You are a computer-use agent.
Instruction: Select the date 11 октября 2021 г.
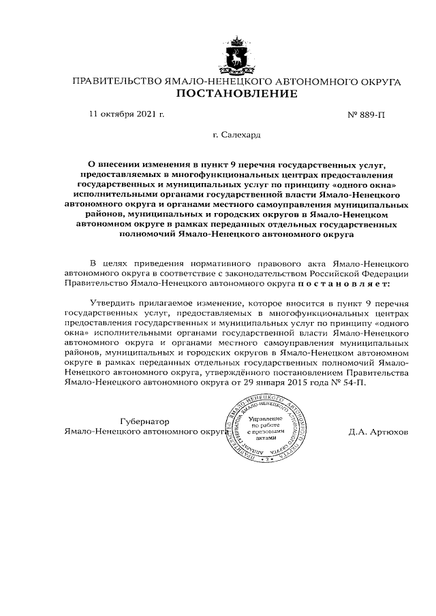pos(127,114)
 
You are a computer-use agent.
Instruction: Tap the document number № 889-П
pos(366,115)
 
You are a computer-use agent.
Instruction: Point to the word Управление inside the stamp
pos(263,417)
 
